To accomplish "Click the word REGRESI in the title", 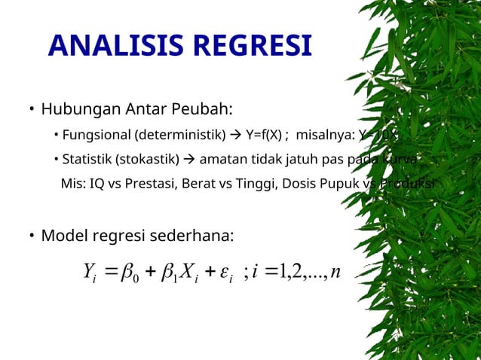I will click(x=253, y=47).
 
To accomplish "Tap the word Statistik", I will click(x=88, y=160).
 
